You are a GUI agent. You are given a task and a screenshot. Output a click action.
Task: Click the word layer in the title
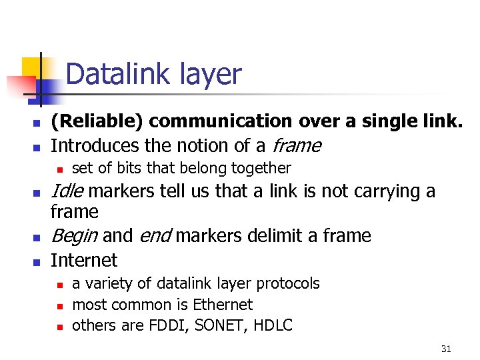coord(210,75)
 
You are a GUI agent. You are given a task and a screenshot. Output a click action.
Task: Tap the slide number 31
coord(446,349)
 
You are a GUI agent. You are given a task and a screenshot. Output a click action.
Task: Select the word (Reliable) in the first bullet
coord(97,121)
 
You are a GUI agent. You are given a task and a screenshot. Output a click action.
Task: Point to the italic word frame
coord(297,145)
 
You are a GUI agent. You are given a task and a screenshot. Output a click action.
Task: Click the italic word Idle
coord(67,192)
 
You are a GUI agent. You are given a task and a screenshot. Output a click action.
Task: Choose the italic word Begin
coord(74,236)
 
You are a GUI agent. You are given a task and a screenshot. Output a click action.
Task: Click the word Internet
coord(84,260)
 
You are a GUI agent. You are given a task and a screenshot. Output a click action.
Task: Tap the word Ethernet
coord(223,305)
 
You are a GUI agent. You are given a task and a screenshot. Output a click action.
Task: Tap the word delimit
coord(260,236)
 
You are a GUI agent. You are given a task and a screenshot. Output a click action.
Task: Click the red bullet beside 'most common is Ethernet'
coord(59,306)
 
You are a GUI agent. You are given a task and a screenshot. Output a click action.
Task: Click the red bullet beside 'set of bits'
coord(59,169)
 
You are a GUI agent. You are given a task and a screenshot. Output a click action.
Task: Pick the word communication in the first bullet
coord(220,121)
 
